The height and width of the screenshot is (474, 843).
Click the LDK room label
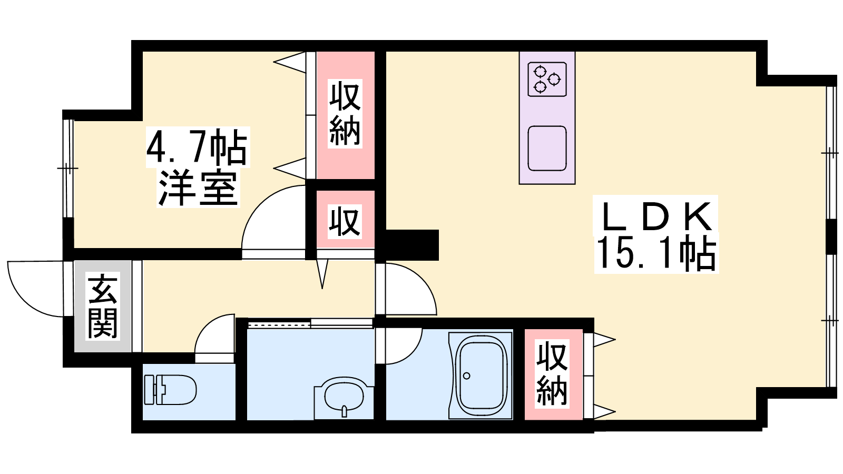click(x=656, y=216)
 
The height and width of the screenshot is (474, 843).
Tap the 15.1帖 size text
click(x=656, y=253)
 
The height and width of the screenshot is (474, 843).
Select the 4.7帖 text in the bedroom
click(x=197, y=147)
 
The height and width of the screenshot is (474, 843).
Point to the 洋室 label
click(x=198, y=189)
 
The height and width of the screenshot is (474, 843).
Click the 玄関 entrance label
click(x=103, y=306)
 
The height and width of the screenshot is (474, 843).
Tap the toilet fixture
click(x=170, y=389)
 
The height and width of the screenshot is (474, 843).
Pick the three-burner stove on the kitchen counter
click(x=547, y=80)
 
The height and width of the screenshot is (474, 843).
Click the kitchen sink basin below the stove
click(x=547, y=149)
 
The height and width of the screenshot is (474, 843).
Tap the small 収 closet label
click(x=345, y=221)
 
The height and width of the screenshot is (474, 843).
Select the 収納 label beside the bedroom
click(x=345, y=113)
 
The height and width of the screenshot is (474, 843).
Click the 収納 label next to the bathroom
click(x=552, y=373)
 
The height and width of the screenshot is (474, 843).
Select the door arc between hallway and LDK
click(x=411, y=289)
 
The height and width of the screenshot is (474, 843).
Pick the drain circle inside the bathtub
click(x=467, y=376)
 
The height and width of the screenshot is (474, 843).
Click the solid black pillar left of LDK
click(x=413, y=245)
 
